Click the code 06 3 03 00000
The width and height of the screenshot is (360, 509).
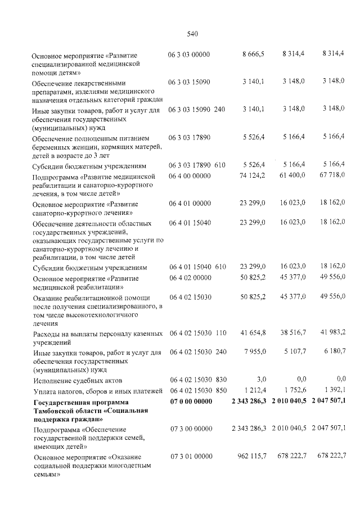189,54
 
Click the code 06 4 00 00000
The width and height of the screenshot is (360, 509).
190,177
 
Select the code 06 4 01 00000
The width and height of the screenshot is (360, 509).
190,204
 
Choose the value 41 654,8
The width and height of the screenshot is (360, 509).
253,334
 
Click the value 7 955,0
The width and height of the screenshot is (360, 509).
254,353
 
